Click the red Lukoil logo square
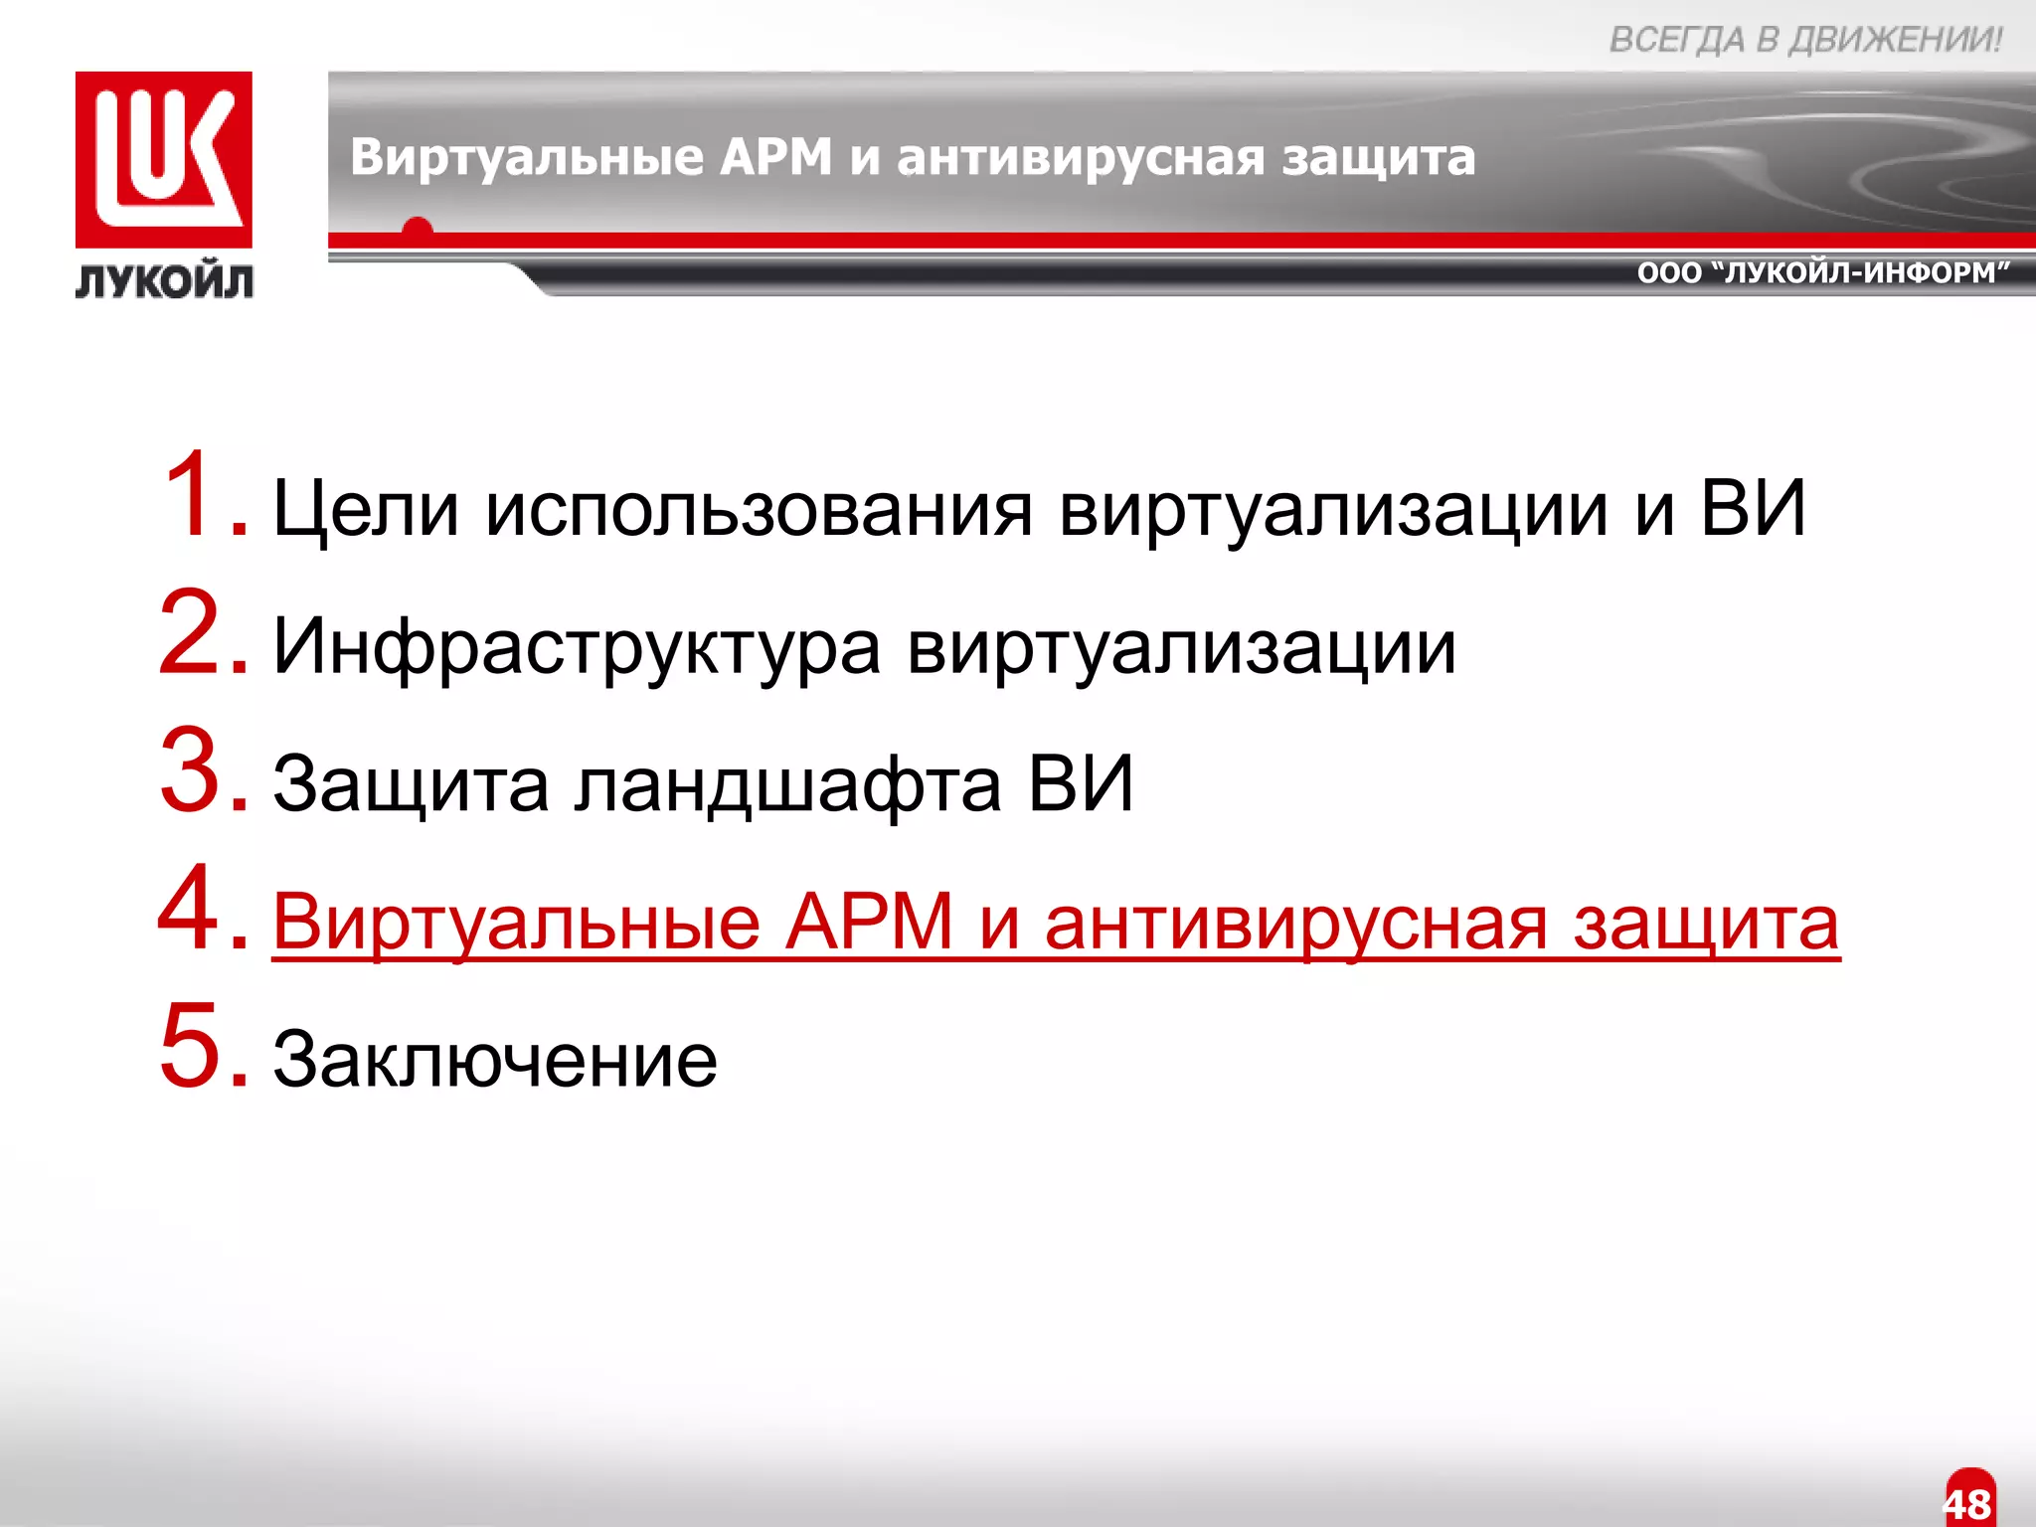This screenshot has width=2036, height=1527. (164, 159)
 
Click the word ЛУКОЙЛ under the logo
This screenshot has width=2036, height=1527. (164, 282)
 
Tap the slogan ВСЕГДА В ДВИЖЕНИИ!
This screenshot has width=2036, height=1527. (1805, 40)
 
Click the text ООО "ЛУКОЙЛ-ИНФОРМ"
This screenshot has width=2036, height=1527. (1823, 272)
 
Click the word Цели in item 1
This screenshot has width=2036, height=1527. (366, 509)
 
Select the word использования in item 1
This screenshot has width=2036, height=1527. (759, 509)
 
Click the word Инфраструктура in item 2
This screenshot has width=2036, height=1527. (577, 648)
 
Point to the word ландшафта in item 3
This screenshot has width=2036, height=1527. (787, 785)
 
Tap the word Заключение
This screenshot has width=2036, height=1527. (494, 1060)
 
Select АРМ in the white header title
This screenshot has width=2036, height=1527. (776, 157)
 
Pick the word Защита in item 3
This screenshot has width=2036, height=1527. (411, 785)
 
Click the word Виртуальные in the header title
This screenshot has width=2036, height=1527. (527, 157)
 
